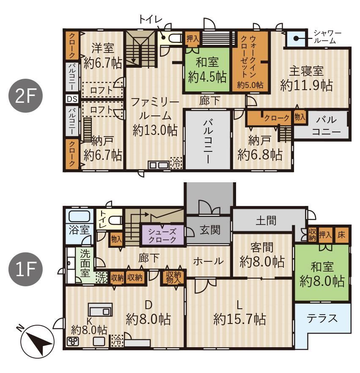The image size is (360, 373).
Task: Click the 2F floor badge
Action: [25, 96]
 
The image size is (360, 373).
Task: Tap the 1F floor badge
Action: [25, 269]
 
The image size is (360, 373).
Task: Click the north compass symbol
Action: [37, 341]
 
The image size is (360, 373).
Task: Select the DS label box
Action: [72, 99]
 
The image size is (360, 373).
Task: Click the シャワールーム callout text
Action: [327, 37]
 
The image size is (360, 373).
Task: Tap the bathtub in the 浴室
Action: [79, 216]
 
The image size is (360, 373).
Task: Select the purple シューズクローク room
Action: [162, 235]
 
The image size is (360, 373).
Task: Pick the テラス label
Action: [322, 318]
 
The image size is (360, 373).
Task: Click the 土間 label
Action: [266, 221]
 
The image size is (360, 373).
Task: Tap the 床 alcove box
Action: [341, 235]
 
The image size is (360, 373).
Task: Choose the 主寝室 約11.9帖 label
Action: [306, 78]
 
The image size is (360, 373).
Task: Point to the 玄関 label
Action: [210, 230]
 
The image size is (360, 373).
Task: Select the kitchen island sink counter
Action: [100, 310]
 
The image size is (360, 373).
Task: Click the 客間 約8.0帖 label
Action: [262, 255]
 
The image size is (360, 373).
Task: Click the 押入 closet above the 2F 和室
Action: [192, 38]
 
